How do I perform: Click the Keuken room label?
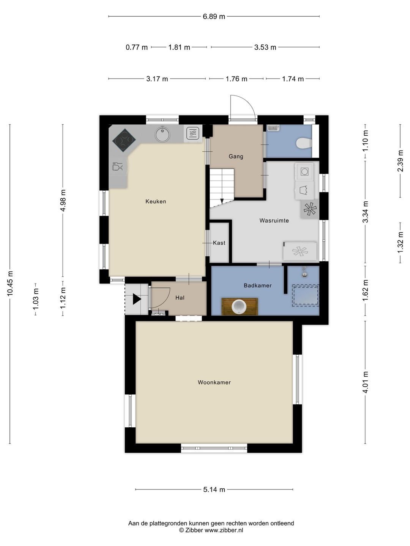pos(156,201)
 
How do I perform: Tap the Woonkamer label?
pos(214,382)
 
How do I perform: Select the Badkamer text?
pos(257,285)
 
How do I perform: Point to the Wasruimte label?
pos(274,220)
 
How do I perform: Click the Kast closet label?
pos(219,243)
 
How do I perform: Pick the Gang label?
pos(236,157)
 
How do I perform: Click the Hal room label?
pos(180,298)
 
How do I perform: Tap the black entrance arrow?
pos(137,299)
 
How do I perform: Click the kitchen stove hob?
pos(124,140)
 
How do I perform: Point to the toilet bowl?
pos(304,143)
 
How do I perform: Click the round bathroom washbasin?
pos(239,306)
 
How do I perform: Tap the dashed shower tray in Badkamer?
pos(306,295)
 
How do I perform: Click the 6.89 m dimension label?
pos(214,16)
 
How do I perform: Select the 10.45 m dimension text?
pos(10,284)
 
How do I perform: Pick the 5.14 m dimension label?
pos(214,490)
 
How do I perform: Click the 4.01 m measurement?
pos(365,382)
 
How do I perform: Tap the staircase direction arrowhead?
pos(222,201)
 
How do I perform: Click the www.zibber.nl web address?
pos(224,530)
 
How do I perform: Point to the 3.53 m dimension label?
pos(265,47)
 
